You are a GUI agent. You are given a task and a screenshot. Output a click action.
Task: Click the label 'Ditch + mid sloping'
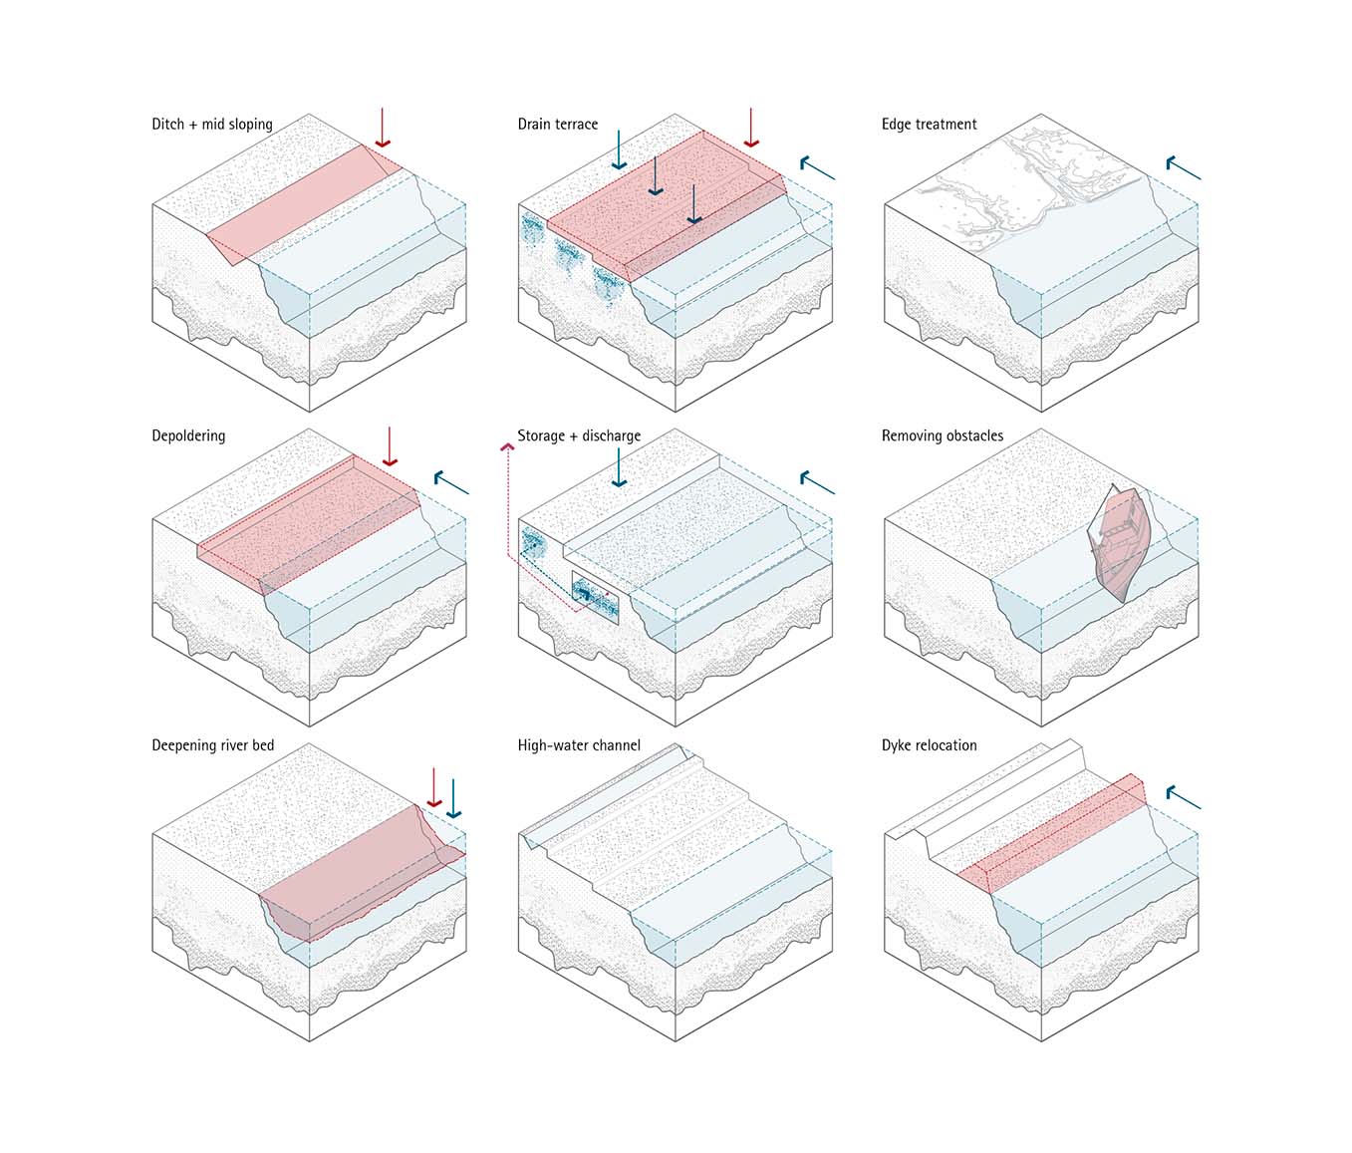211,125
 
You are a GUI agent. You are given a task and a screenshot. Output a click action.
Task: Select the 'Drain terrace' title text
557,125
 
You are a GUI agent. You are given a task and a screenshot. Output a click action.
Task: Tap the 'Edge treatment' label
929,125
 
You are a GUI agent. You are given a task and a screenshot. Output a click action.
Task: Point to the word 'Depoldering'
188,435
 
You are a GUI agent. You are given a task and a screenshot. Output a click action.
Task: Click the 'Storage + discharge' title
579,435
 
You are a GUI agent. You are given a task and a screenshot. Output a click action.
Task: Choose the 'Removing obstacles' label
942,435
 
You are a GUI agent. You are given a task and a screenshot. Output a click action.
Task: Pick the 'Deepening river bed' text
212,745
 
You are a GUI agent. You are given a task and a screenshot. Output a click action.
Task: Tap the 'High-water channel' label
579,745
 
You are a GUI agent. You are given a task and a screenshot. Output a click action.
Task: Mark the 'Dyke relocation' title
929,745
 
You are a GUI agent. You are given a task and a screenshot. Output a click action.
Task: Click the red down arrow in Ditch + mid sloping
382,129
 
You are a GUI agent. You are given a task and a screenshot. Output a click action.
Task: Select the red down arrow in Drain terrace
752,129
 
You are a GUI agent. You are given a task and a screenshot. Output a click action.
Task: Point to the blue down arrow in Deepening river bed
454,798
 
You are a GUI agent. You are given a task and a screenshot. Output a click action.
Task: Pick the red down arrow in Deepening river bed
433,788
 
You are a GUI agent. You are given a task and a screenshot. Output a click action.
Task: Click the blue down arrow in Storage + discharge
619,467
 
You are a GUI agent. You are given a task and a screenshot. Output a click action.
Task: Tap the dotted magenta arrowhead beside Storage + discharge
507,449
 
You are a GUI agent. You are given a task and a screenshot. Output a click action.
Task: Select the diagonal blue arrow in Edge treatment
1184,168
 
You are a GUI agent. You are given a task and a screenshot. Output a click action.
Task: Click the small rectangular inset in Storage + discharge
595,597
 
